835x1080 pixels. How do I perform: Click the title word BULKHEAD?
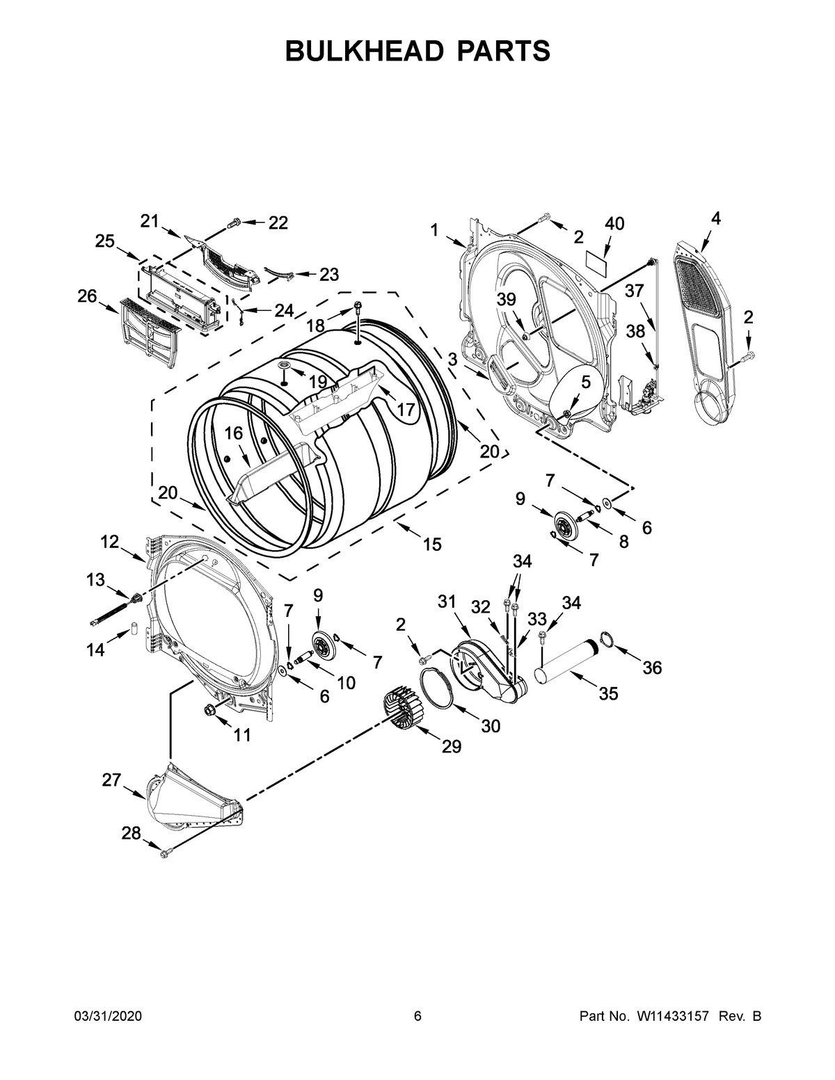361,51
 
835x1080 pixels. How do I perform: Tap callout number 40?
614,224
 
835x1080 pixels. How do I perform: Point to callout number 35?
608,694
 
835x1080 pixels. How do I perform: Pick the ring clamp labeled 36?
605,640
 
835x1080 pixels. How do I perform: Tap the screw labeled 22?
234,223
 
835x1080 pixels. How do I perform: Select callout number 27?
111,780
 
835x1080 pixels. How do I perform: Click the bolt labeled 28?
165,853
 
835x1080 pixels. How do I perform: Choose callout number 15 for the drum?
432,544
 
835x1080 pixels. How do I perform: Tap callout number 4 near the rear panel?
715,218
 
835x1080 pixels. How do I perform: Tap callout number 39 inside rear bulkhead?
506,299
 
